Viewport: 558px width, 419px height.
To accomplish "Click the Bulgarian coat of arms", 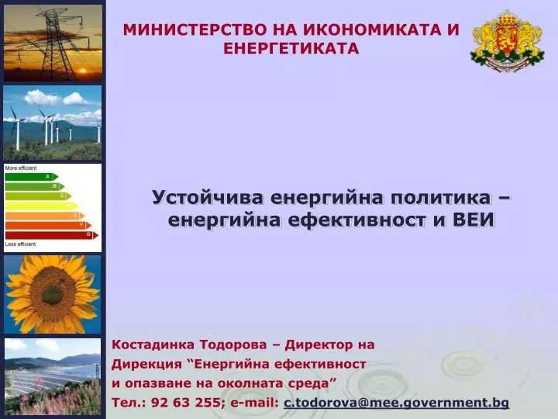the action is coord(507,40).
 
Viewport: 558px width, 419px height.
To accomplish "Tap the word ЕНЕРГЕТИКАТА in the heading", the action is coord(291,49).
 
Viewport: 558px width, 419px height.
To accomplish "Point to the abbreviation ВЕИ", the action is coord(474,220).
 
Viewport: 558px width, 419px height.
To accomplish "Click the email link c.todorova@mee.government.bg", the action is coord(397,403).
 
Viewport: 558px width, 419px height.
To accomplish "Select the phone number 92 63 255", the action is coord(186,403).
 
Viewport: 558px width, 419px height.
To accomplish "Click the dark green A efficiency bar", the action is coord(31,177).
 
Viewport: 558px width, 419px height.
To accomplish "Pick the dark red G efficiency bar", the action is coord(51,235).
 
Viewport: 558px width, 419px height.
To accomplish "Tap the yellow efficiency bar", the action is coord(41,206).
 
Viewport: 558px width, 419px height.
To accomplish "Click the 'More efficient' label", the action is coord(21,168).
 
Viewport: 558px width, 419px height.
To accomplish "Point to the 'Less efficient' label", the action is coord(20,244).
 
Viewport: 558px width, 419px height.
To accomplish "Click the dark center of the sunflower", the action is coord(53,294).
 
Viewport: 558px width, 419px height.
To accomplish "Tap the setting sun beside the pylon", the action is coord(83,71).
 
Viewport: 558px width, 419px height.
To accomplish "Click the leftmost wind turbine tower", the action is coord(17,135).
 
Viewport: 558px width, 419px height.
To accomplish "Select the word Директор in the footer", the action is coord(322,345).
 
